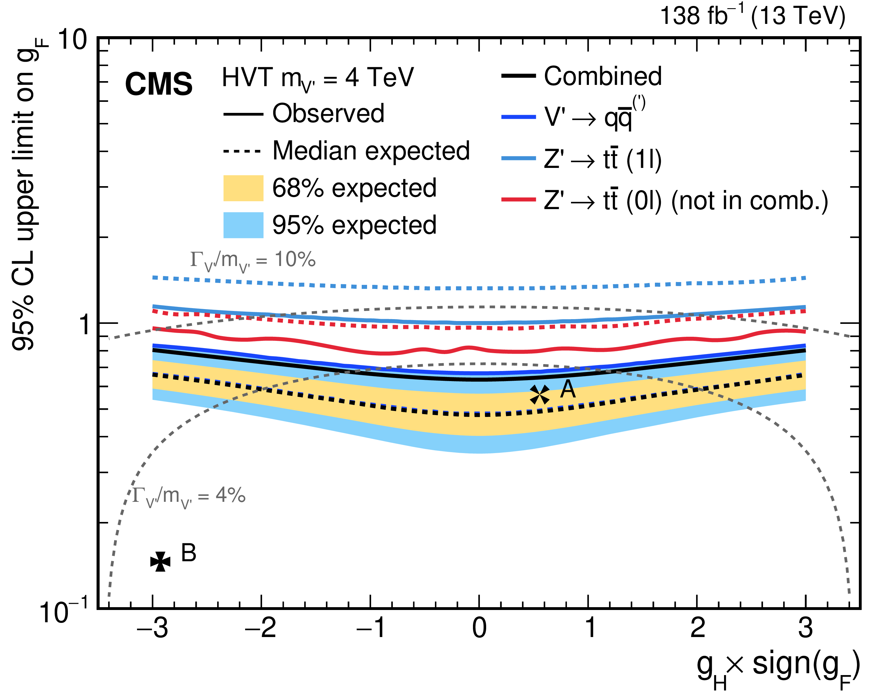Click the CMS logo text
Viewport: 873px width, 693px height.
point(159,84)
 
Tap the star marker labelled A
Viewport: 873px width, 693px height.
point(540,395)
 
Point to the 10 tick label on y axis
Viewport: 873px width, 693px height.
point(73,40)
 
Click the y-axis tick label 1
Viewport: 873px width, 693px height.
point(84,324)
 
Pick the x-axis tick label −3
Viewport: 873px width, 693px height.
point(152,628)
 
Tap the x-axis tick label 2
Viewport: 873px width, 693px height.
point(697,628)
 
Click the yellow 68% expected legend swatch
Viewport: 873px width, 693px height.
point(243,188)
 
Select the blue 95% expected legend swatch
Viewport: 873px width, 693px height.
point(243,225)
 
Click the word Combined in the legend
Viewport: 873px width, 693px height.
point(602,76)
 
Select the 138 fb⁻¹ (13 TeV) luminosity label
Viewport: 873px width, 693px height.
point(752,16)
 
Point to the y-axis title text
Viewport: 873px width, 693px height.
point(24,194)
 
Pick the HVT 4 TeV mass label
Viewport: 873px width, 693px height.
point(318,78)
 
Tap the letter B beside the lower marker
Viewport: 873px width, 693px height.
point(189,553)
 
